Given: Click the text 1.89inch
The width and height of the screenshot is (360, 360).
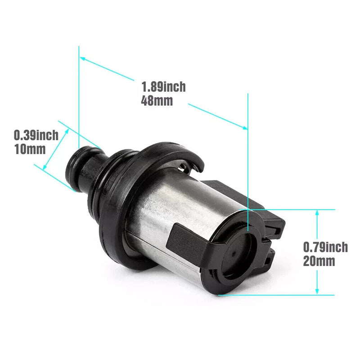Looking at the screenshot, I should point(163,86).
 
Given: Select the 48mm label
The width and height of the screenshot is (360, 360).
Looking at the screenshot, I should point(157,100).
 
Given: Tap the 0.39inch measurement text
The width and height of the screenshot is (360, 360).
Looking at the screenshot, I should point(36,135).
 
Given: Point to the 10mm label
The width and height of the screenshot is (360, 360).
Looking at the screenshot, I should point(30,149).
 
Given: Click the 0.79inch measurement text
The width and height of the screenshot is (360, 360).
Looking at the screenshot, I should point(325,247).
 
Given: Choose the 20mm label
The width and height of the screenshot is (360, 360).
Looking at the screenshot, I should point(319,261).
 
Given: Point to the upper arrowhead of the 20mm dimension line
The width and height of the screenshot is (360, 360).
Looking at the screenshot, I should point(317,212).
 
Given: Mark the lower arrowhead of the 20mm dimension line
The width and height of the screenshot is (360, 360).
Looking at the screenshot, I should point(317,292).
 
